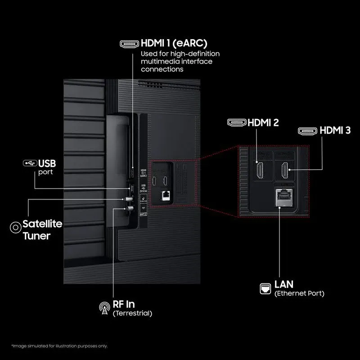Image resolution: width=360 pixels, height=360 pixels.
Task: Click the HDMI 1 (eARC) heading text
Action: pos(174,44)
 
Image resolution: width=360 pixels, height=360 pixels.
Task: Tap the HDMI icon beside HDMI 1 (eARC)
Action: pos(129,44)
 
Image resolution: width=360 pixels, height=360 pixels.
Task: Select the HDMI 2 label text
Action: pos(264,122)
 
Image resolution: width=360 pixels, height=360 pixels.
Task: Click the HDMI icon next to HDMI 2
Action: pos(237,122)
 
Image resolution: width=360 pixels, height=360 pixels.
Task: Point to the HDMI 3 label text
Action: pos(335,131)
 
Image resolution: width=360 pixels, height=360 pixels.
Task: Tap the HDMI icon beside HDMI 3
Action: pos(307,131)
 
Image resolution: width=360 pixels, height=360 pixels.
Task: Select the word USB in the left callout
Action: pos(47,163)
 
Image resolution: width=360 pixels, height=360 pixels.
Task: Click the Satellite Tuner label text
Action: pos(42,229)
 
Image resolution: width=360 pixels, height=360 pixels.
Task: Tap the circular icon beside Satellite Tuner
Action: pos(15,227)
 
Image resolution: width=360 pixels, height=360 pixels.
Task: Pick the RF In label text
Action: pos(124,305)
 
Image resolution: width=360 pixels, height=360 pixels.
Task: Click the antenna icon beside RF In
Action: pos(104,308)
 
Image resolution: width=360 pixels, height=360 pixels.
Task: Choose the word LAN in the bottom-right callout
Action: pos(284,284)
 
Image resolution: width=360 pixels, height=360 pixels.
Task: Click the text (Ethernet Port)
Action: pos(299,293)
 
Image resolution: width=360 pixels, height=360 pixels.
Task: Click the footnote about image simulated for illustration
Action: pos(59,346)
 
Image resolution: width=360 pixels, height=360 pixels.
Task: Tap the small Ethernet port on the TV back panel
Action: pos(165,195)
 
